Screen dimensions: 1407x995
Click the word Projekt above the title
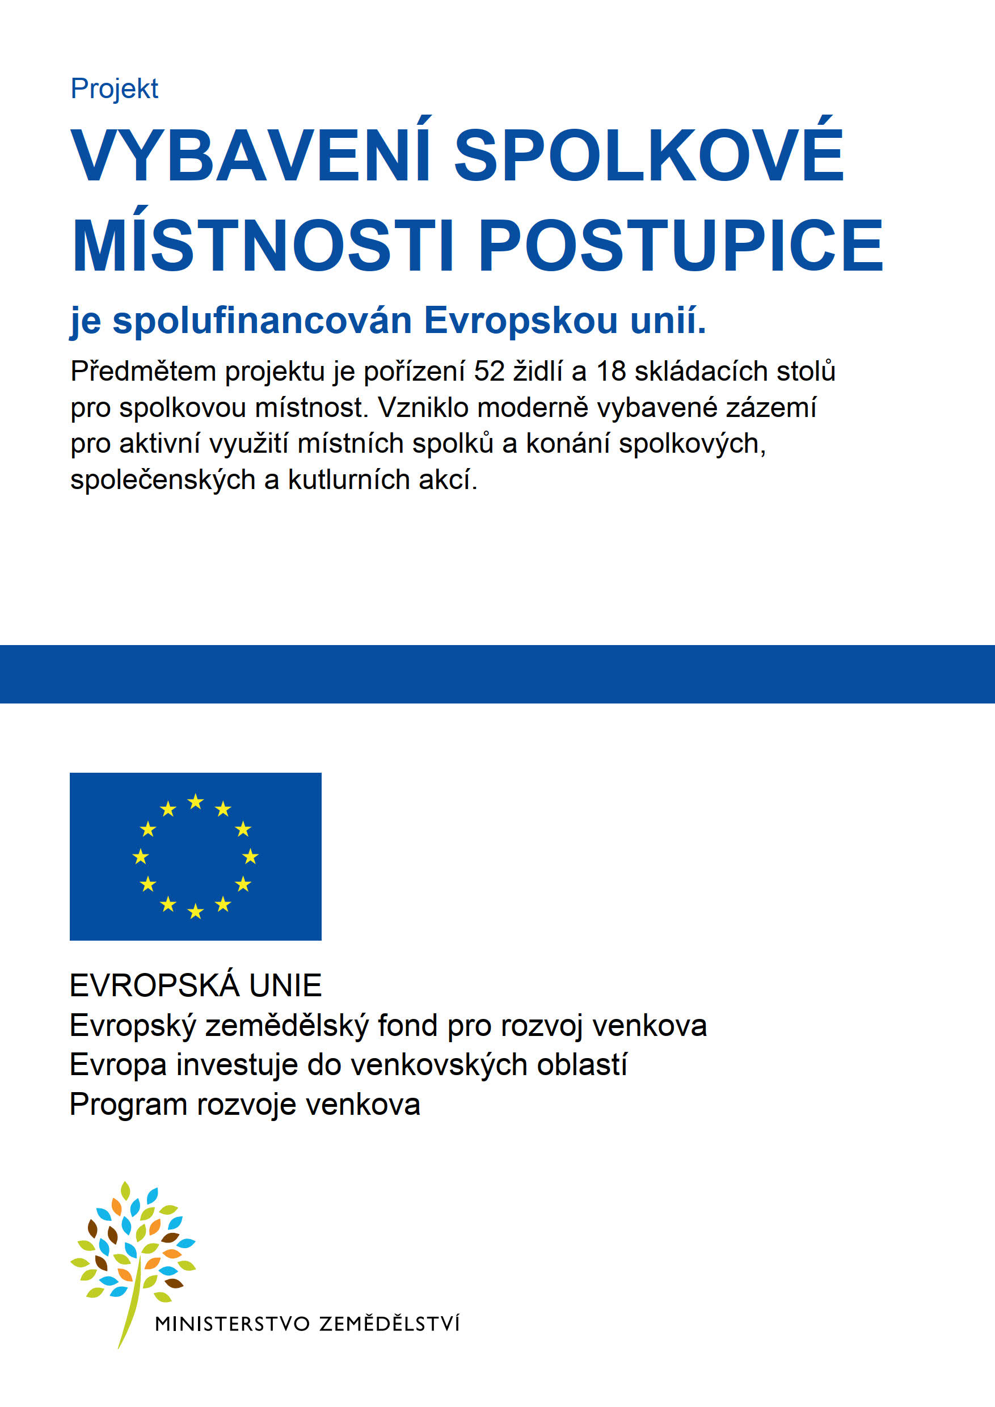[x=115, y=89]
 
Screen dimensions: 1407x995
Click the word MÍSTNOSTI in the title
[x=263, y=245]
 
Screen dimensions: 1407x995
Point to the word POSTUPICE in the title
[x=680, y=245]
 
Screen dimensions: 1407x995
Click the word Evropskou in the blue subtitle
[x=521, y=320]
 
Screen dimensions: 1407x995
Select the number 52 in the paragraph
[x=489, y=372]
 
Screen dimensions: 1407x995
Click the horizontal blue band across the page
[x=497, y=673]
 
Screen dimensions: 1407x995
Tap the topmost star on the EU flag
[x=196, y=802]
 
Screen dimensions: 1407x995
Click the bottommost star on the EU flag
[x=196, y=912]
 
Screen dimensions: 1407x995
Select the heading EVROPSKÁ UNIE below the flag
[x=196, y=985]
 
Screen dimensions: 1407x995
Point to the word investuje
[x=237, y=1064]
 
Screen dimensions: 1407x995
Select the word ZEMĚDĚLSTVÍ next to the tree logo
[x=389, y=1324]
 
